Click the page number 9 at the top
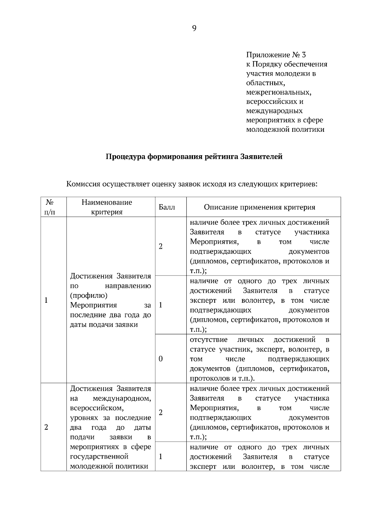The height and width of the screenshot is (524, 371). [194, 29]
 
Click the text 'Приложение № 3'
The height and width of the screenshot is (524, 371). [276, 55]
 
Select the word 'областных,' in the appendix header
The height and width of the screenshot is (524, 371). [265, 83]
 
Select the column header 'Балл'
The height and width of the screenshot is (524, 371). [167, 207]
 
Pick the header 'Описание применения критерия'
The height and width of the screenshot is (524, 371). [259, 207]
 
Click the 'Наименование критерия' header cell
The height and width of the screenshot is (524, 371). [107, 207]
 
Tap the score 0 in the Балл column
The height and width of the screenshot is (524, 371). [160, 359]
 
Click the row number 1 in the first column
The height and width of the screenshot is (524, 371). [46, 300]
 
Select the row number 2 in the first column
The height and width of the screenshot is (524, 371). [46, 427]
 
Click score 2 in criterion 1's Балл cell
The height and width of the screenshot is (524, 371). [160, 246]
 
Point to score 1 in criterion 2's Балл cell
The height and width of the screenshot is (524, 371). [160, 456]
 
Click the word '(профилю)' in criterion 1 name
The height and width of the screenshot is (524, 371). [89, 295]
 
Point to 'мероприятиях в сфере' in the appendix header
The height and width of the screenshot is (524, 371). [284, 120]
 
